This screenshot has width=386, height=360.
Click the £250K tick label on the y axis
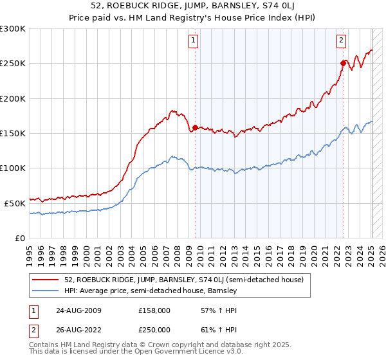pos(13,64)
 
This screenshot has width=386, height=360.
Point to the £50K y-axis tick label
pos(15,203)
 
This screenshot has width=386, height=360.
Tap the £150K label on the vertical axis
pos(13,134)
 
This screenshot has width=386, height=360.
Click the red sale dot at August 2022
pos(343,63)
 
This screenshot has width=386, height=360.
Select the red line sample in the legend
pos(46,280)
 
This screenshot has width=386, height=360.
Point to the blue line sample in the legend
pos(46,291)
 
